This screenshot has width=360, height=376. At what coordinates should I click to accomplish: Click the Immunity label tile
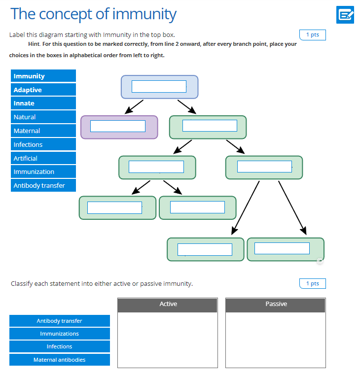tap(43, 76)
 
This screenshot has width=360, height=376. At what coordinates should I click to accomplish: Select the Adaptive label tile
tap(43, 90)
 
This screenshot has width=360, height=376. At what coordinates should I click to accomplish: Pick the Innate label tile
tap(43, 103)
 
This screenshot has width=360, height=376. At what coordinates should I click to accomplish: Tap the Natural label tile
tap(43, 117)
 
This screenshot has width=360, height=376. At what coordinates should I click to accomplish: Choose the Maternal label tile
tap(43, 131)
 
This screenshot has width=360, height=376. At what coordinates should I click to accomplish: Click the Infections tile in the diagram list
tap(43, 144)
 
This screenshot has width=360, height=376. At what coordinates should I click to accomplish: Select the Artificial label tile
tap(43, 158)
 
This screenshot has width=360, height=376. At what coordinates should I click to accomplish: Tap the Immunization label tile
tap(43, 171)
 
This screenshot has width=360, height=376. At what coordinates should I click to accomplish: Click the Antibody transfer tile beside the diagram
tap(43, 186)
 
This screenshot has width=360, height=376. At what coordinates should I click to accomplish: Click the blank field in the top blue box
tap(159, 86)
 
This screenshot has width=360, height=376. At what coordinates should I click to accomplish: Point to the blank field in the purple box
tap(117, 126)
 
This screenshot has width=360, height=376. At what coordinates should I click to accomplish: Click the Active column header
tap(168, 305)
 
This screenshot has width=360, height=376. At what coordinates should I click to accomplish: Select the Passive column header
tap(276, 305)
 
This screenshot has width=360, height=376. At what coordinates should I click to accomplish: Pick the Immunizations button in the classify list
tap(60, 334)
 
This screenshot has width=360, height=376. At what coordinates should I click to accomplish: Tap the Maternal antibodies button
tap(60, 360)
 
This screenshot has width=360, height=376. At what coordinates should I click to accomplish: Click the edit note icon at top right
tap(345, 15)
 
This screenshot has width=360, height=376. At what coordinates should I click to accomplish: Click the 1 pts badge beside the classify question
tap(312, 283)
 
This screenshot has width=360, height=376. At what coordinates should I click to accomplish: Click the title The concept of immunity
tap(93, 14)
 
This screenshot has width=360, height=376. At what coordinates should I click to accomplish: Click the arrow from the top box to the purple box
tap(134, 106)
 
